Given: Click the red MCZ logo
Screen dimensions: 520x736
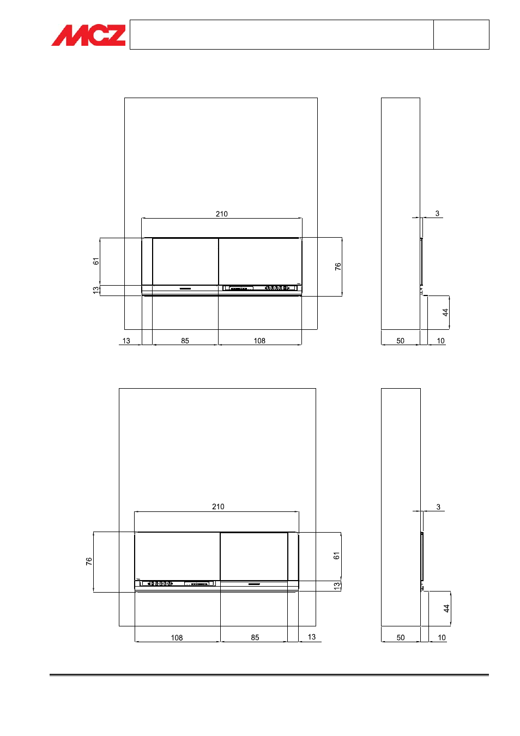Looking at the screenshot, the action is (x=88, y=35).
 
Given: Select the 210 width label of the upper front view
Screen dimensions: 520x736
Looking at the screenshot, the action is (x=222, y=214).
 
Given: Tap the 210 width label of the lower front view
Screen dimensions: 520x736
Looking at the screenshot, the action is (x=218, y=506).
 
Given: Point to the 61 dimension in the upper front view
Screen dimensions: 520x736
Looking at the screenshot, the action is (x=95, y=262).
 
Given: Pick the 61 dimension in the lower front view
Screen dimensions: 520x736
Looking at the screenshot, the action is (x=336, y=556).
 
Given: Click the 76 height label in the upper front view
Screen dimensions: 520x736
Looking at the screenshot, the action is (x=338, y=267).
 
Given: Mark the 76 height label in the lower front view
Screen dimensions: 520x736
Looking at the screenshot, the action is (x=89, y=562).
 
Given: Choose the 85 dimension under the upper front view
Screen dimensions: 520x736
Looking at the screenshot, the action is (x=185, y=341).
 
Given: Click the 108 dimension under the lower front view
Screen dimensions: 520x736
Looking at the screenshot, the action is (x=177, y=638).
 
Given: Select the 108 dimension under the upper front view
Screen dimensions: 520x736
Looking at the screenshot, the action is (x=259, y=341).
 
